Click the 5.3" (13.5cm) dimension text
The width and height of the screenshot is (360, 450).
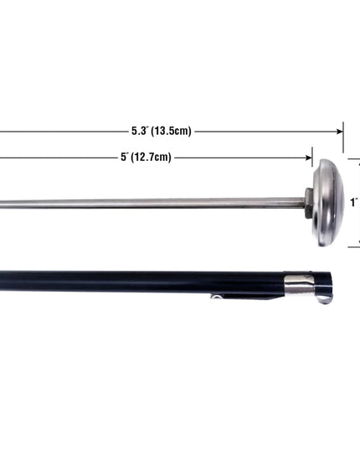click(161, 131)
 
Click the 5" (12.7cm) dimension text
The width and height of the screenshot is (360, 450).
click(146, 157)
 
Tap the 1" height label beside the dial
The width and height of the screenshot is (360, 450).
click(354, 203)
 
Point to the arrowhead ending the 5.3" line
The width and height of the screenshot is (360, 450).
click(340, 132)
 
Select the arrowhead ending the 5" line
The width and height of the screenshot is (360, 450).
click(309, 158)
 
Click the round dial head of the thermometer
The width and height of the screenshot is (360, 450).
click(328, 203)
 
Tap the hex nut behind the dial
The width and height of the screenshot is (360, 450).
click(308, 203)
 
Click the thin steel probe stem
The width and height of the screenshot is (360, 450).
click(152, 203)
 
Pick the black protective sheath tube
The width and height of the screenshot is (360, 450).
click(166, 282)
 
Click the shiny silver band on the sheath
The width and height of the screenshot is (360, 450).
click(299, 285)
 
